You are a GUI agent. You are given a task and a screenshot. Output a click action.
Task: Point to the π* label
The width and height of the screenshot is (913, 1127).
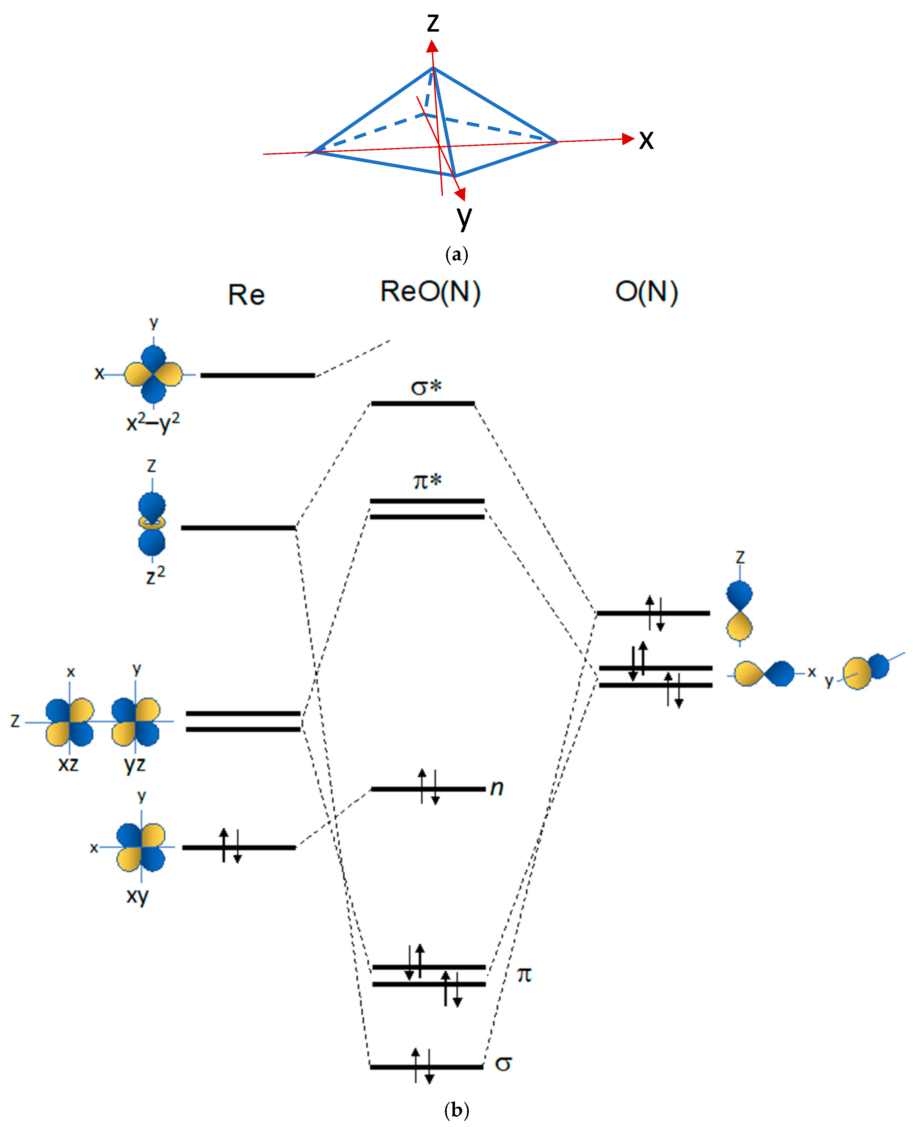[427, 481]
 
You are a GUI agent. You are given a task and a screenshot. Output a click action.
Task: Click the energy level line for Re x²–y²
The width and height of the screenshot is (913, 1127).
[258, 375]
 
